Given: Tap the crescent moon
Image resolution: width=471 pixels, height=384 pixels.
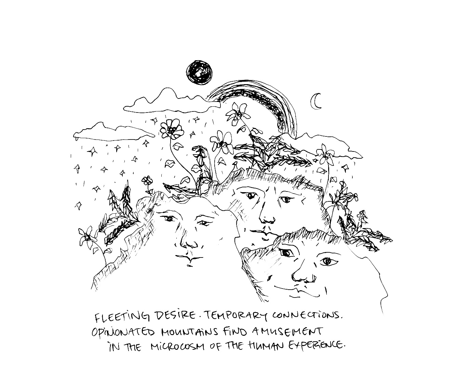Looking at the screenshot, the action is (317, 101).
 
